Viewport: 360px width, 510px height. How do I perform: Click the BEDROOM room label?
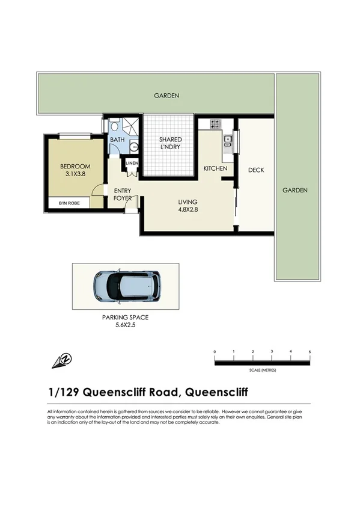(x=75, y=167)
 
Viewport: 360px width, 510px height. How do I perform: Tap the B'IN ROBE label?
(x=70, y=204)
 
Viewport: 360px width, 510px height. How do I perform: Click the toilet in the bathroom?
(x=133, y=146)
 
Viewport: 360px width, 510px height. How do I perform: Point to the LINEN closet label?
(x=132, y=163)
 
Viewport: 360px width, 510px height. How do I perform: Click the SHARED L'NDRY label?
(x=170, y=143)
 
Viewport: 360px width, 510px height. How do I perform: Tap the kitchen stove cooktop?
(x=215, y=124)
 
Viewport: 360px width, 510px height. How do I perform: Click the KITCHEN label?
(x=215, y=168)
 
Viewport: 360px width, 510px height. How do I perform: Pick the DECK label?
(x=256, y=170)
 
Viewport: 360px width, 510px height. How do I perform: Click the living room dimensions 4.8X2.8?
(x=188, y=210)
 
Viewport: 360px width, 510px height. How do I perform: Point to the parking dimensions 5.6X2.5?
(x=125, y=325)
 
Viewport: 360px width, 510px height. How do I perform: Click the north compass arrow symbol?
(x=62, y=360)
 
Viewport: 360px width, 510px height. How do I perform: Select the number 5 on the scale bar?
(x=310, y=351)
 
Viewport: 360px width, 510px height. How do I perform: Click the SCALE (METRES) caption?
(x=262, y=370)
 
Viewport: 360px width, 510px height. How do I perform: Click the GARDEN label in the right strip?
(x=295, y=190)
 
